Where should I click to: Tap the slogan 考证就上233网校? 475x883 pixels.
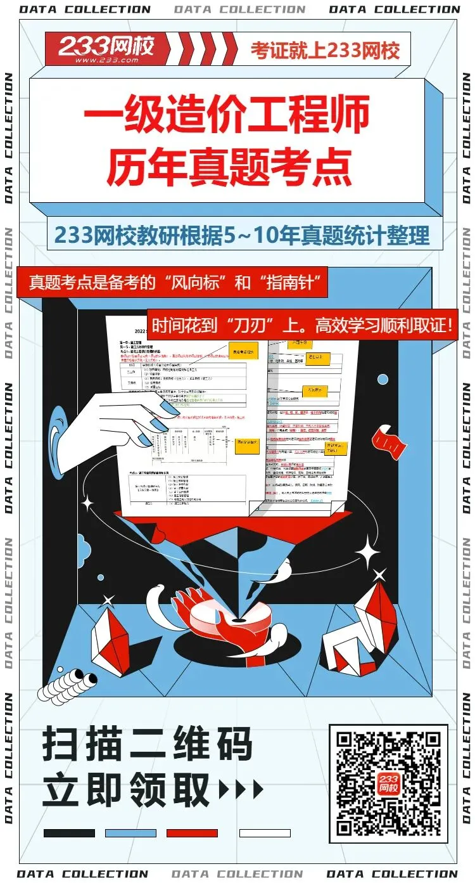click(x=325, y=49)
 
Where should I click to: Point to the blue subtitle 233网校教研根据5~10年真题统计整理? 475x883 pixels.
click(x=241, y=235)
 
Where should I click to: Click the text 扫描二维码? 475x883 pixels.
click(x=147, y=745)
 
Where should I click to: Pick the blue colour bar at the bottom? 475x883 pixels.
click(x=130, y=833)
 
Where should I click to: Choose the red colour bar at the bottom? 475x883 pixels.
click(x=192, y=833)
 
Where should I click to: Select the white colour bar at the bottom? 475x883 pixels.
click(x=265, y=833)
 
